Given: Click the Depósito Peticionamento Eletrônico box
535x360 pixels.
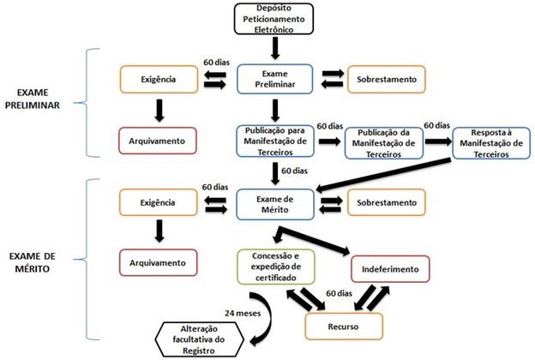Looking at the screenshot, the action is [x=274, y=19].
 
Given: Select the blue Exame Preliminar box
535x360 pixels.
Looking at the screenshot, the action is [x=275, y=79].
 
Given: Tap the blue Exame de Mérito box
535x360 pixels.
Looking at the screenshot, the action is [x=275, y=204].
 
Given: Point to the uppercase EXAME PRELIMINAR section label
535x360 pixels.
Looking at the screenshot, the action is [x=33, y=99].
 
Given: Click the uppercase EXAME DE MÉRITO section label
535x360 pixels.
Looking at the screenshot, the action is [x=33, y=262].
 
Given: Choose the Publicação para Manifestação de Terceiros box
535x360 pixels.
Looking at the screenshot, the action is [x=275, y=141].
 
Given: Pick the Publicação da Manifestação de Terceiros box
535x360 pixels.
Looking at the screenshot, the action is [x=384, y=143].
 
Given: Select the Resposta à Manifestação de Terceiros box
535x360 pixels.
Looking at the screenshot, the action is [x=491, y=143].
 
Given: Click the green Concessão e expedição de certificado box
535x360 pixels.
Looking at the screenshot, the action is [x=276, y=267].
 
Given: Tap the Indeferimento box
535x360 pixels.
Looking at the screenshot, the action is [x=390, y=269].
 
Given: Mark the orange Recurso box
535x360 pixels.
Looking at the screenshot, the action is [x=344, y=327].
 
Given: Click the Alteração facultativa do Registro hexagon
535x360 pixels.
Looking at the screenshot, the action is [x=199, y=339].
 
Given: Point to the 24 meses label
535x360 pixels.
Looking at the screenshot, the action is [x=243, y=313].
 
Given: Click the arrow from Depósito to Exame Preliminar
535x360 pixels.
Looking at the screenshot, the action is [x=275, y=48].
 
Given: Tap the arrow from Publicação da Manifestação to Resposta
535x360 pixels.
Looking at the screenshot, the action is [x=438, y=141].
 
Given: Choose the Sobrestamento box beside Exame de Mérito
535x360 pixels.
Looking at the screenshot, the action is [x=387, y=202].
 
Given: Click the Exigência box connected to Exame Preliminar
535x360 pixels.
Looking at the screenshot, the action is [x=159, y=79].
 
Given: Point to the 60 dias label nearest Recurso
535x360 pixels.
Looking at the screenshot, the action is [x=339, y=293].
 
